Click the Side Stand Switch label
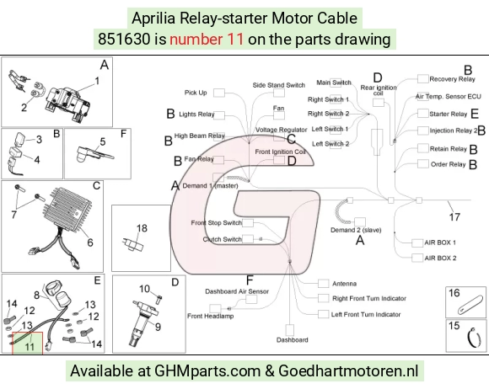(279, 85)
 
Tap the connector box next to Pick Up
(219, 93)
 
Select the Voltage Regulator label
(282, 130)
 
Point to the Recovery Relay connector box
(423, 79)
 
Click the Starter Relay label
(449, 114)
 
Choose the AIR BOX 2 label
(440, 258)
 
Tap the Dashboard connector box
(290, 330)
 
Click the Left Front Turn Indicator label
(366, 314)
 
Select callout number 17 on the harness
(454, 216)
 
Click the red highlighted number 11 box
(28, 344)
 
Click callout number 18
(142, 228)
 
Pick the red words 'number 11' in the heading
(207, 40)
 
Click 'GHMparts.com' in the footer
(207, 371)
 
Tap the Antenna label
(344, 284)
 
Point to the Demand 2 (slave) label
(356, 230)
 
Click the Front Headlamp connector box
(215, 308)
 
